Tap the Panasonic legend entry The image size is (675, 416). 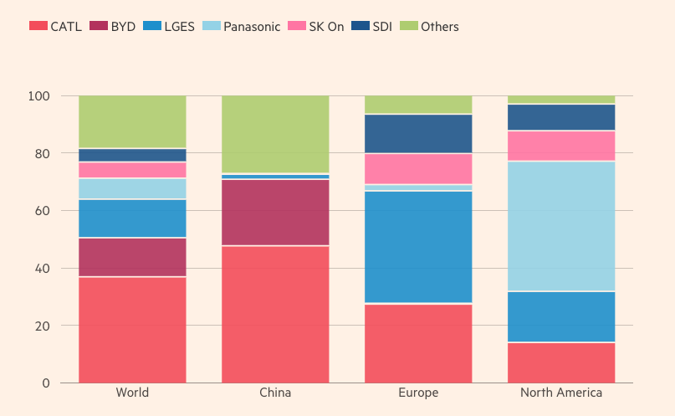pyautogui.click(x=243, y=27)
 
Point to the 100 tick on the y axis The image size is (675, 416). pyautogui.click(x=39, y=96)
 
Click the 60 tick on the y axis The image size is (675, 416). pyautogui.click(x=43, y=211)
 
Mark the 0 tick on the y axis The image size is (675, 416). pyautogui.click(x=46, y=383)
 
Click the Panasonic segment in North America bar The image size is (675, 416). pyautogui.click(x=561, y=226)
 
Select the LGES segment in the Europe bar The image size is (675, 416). pyautogui.click(x=418, y=247)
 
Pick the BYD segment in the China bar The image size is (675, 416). pyautogui.click(x=275, y=213)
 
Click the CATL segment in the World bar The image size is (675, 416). pyautogui.click(x=132, y=330)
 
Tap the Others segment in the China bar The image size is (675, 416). pyautogui.click(x=275, y=134)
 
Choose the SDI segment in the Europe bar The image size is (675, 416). pyautogui.click(x=418, y=133)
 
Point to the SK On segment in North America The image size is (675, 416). pyautogui.click(x=561, y=146)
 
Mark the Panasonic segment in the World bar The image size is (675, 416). pyautogui.click(x=132, y=188)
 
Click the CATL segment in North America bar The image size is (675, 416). pyautogui.click(x=561, y=362)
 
